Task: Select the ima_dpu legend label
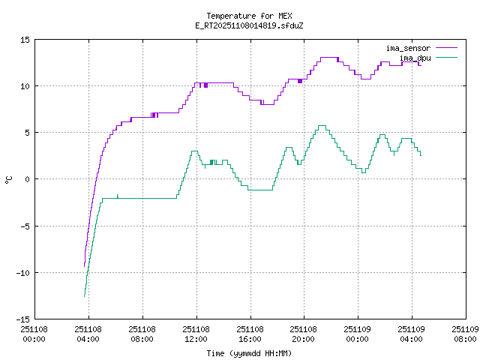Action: pyautogui.click(x=415, y=57)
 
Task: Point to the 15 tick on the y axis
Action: pyautogui.click(x=25, y=40)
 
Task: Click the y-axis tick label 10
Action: pyautogui.click(x=25, y=86)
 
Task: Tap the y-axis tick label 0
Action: pyautogui.click(x=27, y=179)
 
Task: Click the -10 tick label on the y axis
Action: pyautogui.click(x=22, y=272)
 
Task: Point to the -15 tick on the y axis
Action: pyautogui.click(x=22, y=319)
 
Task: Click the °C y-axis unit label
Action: pyautogui.click(x=9, y=179)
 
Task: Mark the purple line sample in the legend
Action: pyautogui.click(x=446, y=48)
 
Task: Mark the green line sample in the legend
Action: pyautogui.click(x=446, y=57)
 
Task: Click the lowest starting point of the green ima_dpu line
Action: pyautogui.click(x=84, y=297)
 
